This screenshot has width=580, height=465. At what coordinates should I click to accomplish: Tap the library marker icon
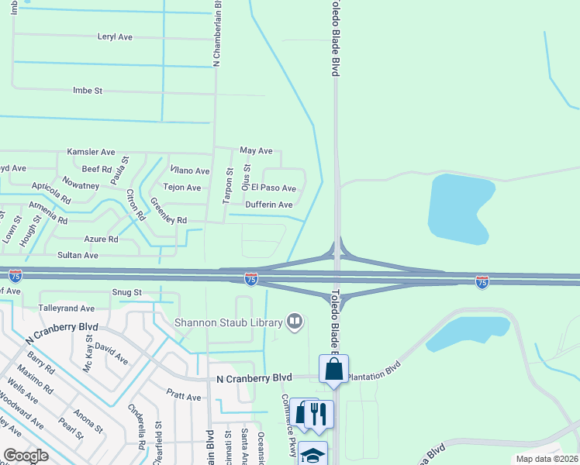pyautogui.click(x=294, y=321)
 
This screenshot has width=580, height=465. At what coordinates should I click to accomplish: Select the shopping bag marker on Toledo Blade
pyautogui.click(x=333, y=370)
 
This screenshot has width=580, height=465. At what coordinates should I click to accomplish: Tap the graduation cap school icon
pyautogui.click(x=312, y=455)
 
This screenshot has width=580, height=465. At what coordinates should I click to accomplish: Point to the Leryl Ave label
pyautogui.click(x=115, y=36)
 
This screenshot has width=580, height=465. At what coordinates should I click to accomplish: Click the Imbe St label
pyautogui.click(x=88, y=91)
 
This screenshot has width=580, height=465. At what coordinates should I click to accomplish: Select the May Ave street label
pyautogui.click(x=256, y=150)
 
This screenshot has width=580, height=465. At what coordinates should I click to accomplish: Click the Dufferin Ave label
pyautogui.click(x=269, y=205)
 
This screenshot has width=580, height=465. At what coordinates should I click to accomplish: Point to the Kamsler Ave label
pyautogui.click(x=91, y=152)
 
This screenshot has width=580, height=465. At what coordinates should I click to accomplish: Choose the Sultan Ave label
pyautogui.click(x=78, y=255)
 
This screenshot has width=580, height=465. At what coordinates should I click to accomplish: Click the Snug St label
pyautogui.click(x=127, y=292)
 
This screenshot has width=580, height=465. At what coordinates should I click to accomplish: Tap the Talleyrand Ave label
pyautogui.click(x=66, y=308)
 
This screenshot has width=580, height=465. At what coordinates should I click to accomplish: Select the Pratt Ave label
pyautogui.click(x=184, y=396)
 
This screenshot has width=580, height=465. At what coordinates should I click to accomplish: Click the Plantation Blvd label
pyautogui.click(x=374, y=371)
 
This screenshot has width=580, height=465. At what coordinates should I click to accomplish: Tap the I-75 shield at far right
pyautogui.click(x=482, y=283)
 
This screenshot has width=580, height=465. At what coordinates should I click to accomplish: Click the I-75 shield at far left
pyautogui.click(x=16, y=275)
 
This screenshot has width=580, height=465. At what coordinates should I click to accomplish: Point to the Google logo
pyautogui.click(x=26, y=456)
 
